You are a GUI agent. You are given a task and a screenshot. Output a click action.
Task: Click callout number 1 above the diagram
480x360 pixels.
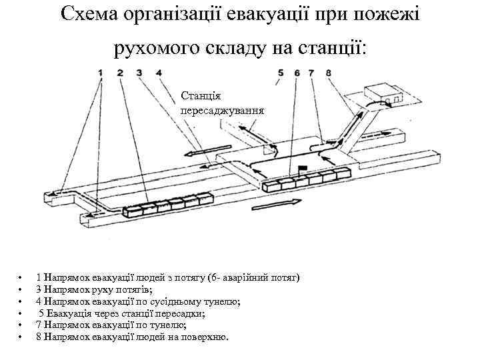(x=101, y=73)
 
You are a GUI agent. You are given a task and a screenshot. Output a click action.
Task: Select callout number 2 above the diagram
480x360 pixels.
(x=120, y=73)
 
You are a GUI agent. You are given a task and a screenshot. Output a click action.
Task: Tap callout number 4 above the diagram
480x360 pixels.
(x=158, y=73)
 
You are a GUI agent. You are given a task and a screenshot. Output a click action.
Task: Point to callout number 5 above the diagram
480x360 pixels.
(x=281, y=73)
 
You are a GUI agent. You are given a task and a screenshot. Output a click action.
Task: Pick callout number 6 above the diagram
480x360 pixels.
(x=296, y=73)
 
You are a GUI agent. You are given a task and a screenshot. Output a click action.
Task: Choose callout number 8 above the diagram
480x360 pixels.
(x=329, y=73)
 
